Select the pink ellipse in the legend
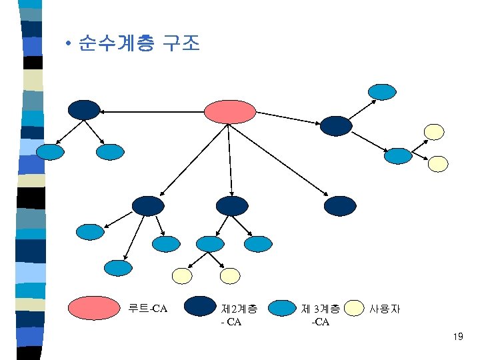pos(94,307)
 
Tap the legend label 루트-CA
pos(147,309)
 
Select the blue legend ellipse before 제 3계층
pos(281,307)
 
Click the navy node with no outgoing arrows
pos(340,205)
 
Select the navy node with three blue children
pos(147,205)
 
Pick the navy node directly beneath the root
pos(231,205)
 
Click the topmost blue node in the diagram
pos(383,91)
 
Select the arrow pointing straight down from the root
pos(230,160)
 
